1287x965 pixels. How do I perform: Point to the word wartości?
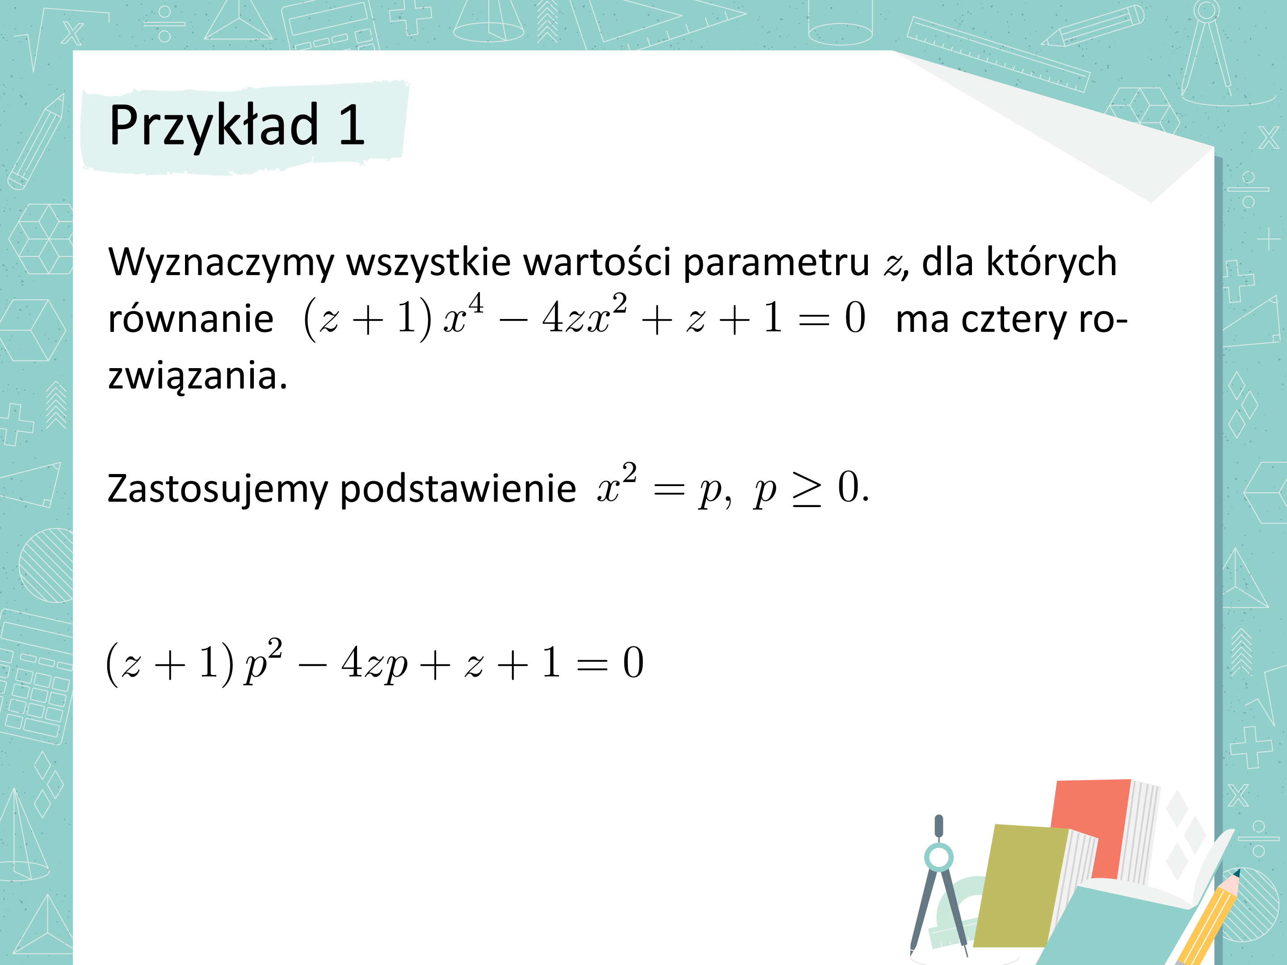597,261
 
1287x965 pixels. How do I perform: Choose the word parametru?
776,263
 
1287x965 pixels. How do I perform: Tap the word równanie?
191,319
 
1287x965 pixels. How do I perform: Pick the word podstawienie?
458,489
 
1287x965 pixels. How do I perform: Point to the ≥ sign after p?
807,490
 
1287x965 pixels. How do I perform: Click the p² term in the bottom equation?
264,660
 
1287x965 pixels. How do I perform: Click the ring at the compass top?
938,857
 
